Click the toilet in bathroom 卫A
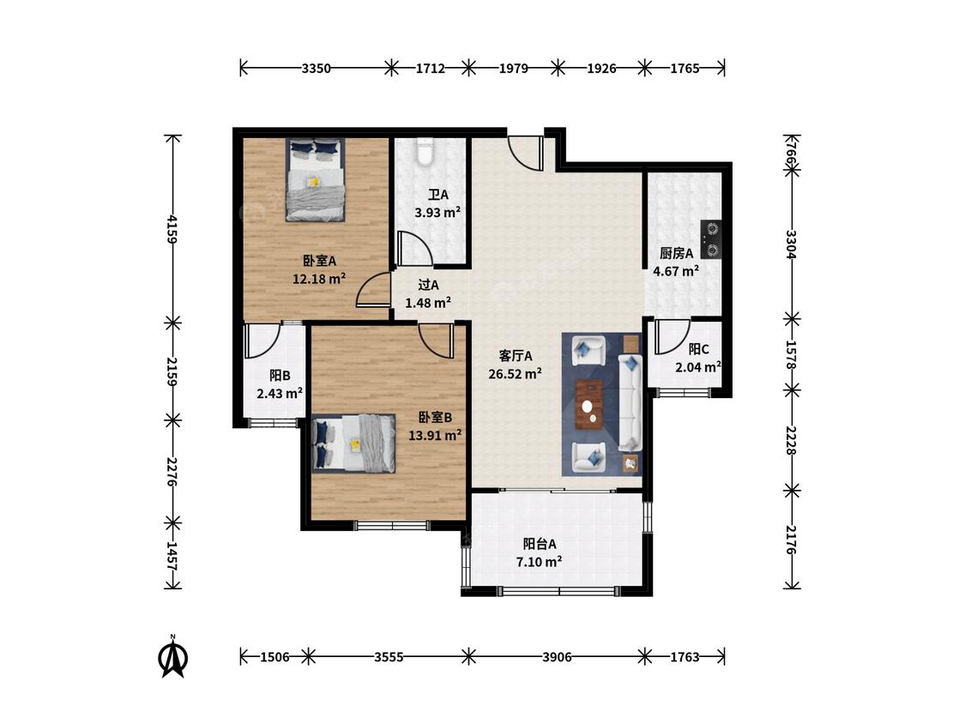(425, 152)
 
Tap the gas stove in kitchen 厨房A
(711, 239)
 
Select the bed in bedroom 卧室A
(315, 179)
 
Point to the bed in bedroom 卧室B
(354, 443)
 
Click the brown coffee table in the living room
(589, 405)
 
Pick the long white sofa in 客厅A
(630, 402)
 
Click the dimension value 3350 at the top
(317, 69)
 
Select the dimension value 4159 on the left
(173, 229)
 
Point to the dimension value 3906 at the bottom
(557, 657)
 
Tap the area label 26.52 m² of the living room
(516, 373)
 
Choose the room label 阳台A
(540, 544)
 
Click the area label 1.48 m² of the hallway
(428, 302)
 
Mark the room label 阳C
(698, 349)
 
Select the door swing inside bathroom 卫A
(413, 249)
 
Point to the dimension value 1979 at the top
(513, 69)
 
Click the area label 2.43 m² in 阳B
(280, 393)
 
